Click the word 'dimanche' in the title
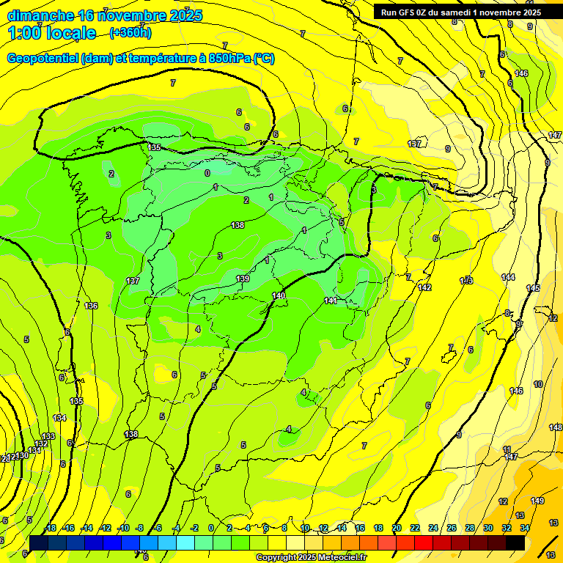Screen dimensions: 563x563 pos(41,15)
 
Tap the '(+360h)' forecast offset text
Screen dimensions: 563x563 pos(130,32)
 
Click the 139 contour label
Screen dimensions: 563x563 pos(243,279)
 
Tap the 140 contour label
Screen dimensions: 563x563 pos(279,295)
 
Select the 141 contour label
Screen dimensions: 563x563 pos(331,301)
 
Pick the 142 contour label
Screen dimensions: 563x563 pos(424,287)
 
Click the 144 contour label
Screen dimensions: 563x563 pos(508,276)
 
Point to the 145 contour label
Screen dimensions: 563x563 pos(533,288)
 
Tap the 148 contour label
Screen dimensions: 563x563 pos(556,427)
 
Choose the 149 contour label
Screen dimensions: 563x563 pos(537,501)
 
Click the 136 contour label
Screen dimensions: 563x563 pos(91,306)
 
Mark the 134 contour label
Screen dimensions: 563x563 pos(59,418)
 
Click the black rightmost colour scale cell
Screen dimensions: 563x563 pos(515,541)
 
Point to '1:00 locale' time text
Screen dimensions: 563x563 pos(52,33)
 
